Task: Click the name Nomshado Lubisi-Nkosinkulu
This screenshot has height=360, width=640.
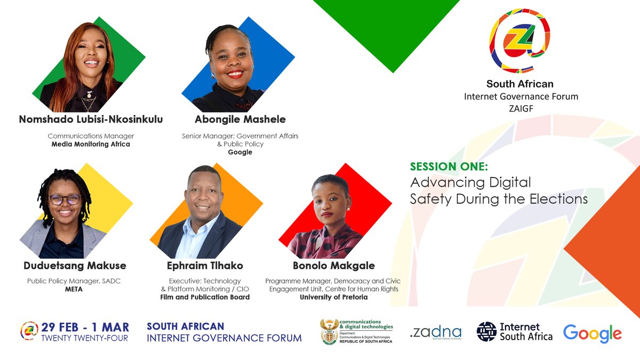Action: (x=91, y=119)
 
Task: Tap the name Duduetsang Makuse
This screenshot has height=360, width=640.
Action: (x=75, y=265)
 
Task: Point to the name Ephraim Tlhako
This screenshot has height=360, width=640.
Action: (x=205, y=265)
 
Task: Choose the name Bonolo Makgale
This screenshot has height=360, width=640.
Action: (x=334, y=265)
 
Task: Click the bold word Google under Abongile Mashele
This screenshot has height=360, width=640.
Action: (x=240, y=152)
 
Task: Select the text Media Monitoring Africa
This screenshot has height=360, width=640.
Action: (x=91, y=144)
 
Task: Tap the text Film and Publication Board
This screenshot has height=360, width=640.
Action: (x=205, y=297)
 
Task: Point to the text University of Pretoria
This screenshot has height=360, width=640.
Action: (x=334, y=297)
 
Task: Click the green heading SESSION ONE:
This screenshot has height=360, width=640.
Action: (x=449, y=166)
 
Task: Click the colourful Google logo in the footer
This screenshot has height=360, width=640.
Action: (x=592, y=333)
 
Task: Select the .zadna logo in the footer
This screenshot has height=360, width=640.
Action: (x=436, y=333)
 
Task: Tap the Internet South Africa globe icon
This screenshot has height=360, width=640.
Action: (x=486, y=331)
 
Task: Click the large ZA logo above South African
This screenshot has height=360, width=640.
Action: (x=519, y=41)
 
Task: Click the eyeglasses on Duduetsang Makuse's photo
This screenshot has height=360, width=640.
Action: (x=66, y=199)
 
